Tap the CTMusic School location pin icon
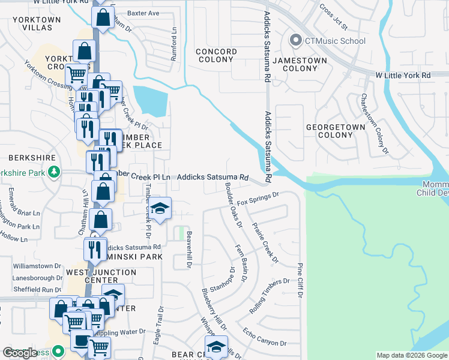(x=295, y=41)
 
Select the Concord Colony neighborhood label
(x=216, y=55)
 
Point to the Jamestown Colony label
(x=300, y=64)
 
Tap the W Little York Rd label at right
(x=403, y=76)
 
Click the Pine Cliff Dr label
(x=300, y=279)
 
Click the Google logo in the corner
(x=20, y=353)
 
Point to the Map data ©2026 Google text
(x=412, y=355)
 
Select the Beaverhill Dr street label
(x=188, y=249)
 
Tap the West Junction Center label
(x=101, y=277)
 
